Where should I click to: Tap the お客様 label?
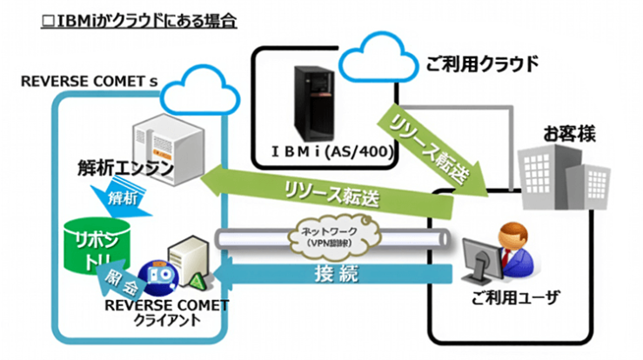point(544,134)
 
